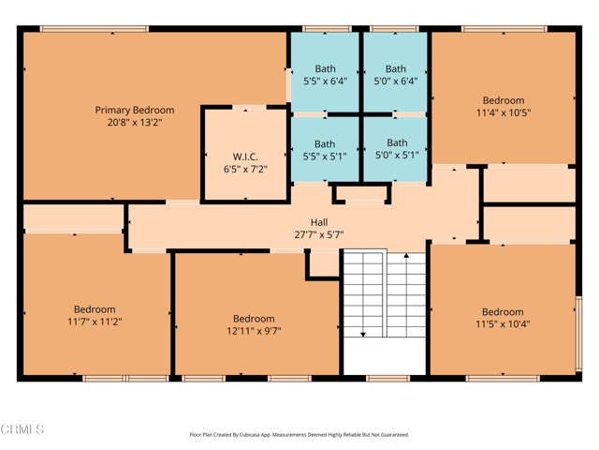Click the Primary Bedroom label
134,110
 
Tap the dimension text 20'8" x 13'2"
134,122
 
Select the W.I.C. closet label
245,157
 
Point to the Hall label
319,222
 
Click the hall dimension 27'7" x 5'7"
319,234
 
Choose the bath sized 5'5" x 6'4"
325,75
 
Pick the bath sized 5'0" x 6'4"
396,75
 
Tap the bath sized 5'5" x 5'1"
325,150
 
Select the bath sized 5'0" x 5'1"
397,149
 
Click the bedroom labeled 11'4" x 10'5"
504,107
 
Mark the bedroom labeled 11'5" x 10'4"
503,319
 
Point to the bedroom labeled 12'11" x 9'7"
254,324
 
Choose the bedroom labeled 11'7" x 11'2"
95,315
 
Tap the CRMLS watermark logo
22,429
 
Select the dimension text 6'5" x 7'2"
245,170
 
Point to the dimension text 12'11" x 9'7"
254,331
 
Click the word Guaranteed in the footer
390,435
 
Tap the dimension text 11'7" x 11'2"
95,322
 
